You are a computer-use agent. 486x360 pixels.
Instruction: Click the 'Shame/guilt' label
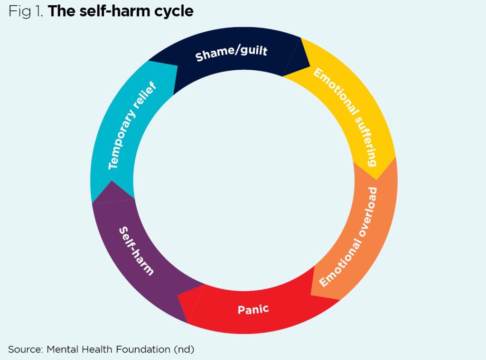click(x=232, y=53)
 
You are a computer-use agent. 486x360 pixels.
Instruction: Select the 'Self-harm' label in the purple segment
click(x=136, y=251)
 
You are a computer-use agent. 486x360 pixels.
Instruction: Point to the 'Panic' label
click(x=253, y=310)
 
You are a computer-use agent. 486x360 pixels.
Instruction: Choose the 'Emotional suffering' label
click(x=345, y=117)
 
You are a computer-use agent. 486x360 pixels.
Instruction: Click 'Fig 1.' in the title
click(x=26, y=11)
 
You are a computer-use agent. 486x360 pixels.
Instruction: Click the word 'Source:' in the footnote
click(x=25, y=349)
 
